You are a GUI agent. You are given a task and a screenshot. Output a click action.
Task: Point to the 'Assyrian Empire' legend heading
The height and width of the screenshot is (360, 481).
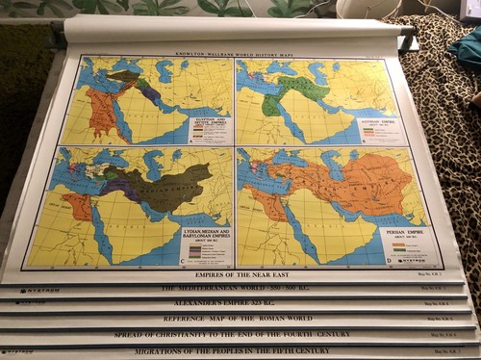click(382, 122)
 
